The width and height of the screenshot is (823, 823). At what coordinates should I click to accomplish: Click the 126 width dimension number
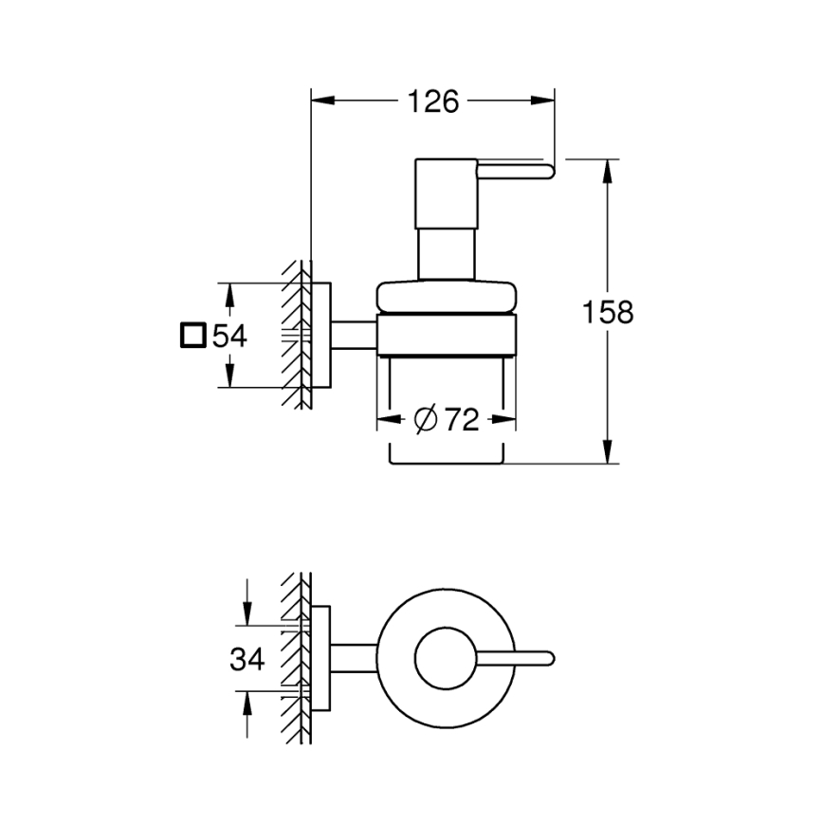coord(432,101)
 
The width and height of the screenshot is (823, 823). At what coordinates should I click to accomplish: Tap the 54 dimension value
coord(229,336)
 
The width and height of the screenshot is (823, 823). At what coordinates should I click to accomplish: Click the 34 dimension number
coord(247,659)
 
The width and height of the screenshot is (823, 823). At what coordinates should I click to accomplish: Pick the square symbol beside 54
coord(192,336)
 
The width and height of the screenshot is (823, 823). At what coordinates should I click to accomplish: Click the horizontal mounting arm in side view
coord(355,336)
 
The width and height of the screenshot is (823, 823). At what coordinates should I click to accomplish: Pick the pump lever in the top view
coord(517,658)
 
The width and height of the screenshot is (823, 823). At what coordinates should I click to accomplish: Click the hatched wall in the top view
coord(296,658)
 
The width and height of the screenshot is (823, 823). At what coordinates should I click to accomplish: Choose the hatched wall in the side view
coord(297,336)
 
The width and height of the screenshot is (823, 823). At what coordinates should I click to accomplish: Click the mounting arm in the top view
coord(355,658)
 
